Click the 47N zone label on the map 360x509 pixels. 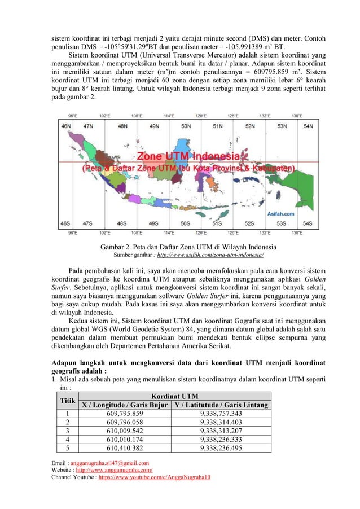point(88,127)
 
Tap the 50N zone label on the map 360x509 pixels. point(185,127)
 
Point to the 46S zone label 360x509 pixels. point(66,223)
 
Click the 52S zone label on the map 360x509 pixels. point(249,223)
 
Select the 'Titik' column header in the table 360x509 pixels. point(68,400)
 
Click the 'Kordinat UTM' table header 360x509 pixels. point(175,396)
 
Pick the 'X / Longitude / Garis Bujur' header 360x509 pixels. point(125,405)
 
